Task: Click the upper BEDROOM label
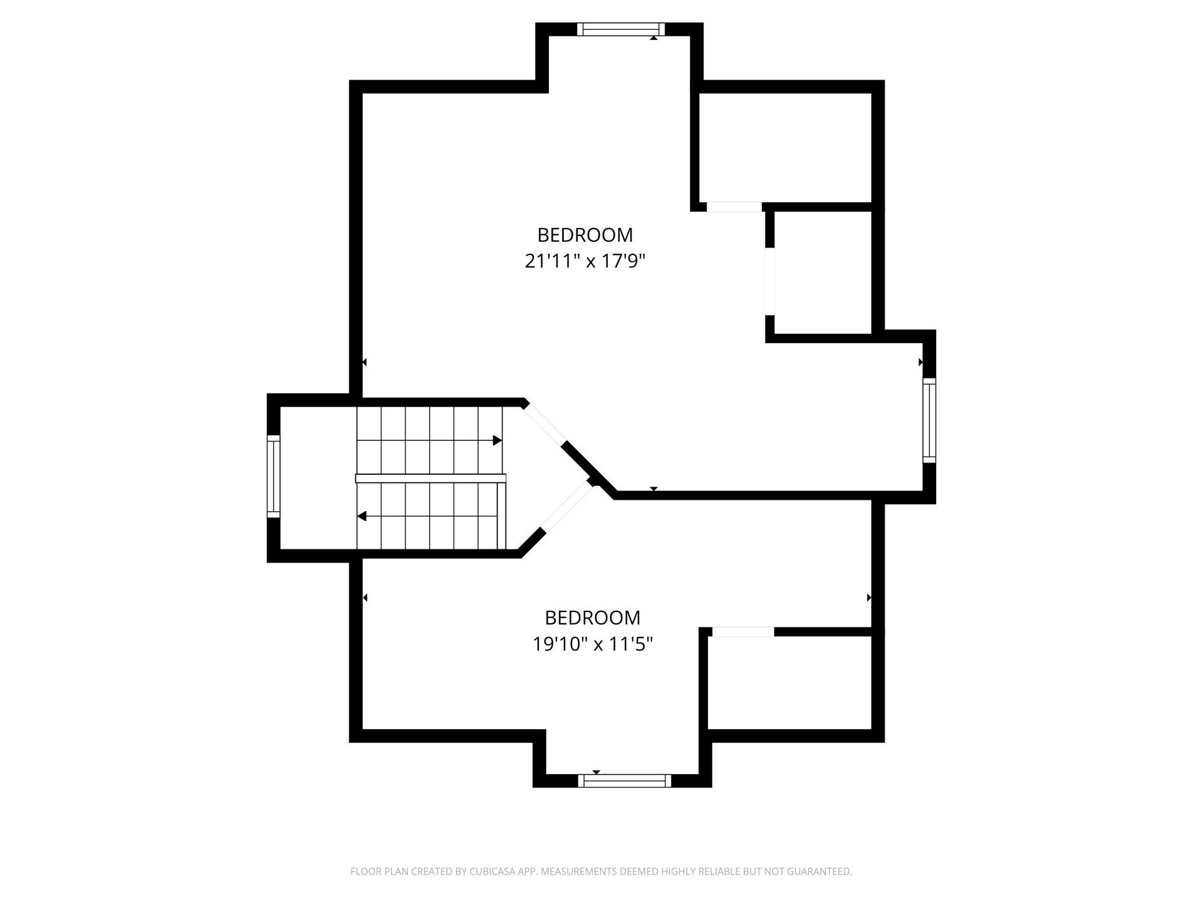coord(585,235)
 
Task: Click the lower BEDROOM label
coord(593,618)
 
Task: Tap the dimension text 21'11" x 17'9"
coord(585,261)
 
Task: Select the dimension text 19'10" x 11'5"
coord(593,644)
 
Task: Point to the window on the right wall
coord(929,420)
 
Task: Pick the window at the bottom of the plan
coord(624,780)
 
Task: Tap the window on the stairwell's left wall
coord(274,477)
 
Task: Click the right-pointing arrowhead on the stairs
coord(497,440)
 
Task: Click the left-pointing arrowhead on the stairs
coord(362,516)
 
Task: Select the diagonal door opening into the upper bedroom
coord(545,423)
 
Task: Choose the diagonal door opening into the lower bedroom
coord(566,508)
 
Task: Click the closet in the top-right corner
coord(785,148)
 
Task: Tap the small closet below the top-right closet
coord(823,272)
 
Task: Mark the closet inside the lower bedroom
coord(789,683)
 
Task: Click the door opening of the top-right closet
coord(734,207)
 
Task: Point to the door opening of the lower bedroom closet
coord(744,631)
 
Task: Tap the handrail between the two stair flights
coord(430,479)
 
